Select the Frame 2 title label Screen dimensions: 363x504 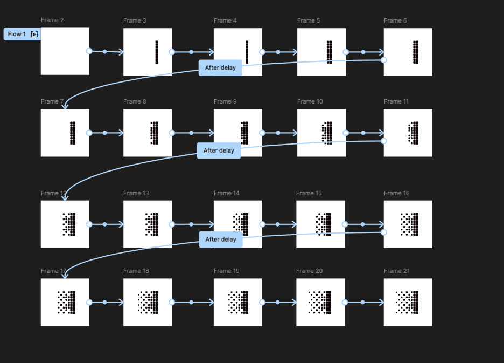point(52,20)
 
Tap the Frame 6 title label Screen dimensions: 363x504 point(395,20)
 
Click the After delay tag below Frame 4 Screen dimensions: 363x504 point(220,68)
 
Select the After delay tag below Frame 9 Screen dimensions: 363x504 point(219,150)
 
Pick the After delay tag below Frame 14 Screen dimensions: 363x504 point(221,239)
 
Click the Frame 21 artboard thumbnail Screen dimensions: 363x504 point(408,302)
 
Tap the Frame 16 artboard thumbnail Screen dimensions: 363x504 point(408,224)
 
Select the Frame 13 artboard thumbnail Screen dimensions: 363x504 point(148,224)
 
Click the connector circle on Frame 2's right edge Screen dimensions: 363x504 point(89,51)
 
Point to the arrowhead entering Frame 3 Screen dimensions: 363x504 point(121,52)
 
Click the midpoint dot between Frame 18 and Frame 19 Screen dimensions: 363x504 point(191,302)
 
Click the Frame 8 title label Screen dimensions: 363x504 point(135,101)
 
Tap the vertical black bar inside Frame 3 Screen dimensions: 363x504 point(156,52)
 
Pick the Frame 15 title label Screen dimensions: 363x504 point(309,193)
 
